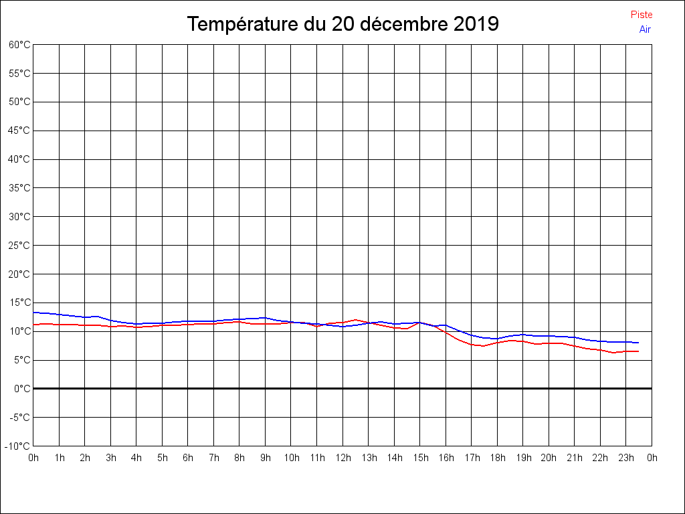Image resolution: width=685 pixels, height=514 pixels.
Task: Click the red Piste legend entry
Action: (x=642, y=15)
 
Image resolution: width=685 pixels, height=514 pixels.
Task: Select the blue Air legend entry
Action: (x=645, y=29)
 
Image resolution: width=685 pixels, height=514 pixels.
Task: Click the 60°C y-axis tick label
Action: (x=19, y=45)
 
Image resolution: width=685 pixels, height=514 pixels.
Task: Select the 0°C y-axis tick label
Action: (x=22, y=389)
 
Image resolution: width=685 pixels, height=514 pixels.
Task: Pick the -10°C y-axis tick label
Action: (x=18, y=446)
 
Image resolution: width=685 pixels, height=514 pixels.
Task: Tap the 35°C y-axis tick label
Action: (x=19, y=188)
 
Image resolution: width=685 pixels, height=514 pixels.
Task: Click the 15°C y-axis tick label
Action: (x=19, y=303)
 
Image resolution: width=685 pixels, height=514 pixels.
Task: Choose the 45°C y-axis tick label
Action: (x=19, y=131)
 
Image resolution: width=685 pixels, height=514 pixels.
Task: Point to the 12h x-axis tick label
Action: (x=343, y=458)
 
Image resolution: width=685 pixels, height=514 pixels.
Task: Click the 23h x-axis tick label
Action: (x=627, y=458)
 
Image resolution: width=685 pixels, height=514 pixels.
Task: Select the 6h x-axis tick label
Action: (x=188, y=458)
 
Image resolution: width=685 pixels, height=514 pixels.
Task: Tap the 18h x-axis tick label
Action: (x=498, y=458)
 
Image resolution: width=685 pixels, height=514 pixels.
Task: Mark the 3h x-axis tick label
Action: (x=111, y=458)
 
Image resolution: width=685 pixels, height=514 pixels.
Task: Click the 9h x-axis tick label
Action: (x=266, y=458)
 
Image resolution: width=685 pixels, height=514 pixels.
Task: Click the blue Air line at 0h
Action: (x=34, y=313)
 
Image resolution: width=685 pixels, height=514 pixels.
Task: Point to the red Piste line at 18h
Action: (x=498, y=343)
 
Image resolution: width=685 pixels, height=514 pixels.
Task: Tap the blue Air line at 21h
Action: (x=575, y=337)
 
